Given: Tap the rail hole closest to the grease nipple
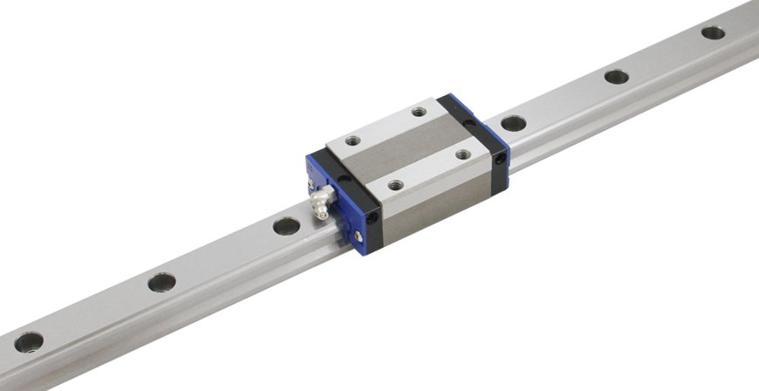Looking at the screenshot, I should (286, 226).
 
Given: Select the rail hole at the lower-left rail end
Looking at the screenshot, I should (28, 341).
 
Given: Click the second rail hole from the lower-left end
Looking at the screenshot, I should (161, 282).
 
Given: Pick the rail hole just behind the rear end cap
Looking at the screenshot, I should (514, 123).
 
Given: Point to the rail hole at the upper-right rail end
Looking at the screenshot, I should (713, 33).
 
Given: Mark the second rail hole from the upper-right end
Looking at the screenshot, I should (617, 76).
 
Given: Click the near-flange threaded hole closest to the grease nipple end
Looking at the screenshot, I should (395, 185).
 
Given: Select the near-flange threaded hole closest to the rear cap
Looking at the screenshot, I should (463, 154).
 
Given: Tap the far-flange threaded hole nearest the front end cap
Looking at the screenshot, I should (352, 140).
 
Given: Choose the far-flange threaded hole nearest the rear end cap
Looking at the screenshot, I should (419, 111).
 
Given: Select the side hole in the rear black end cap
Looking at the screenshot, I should (499, 160).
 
